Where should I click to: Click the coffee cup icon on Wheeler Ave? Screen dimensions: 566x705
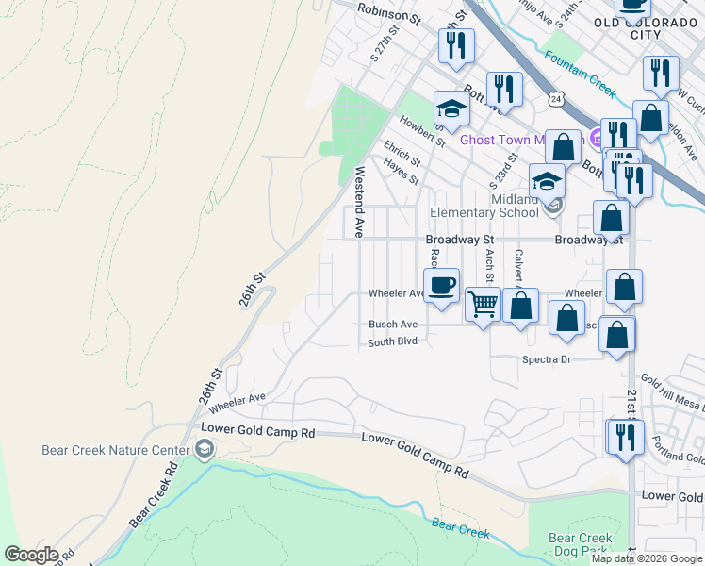pyautogui.click(x=441, y=285)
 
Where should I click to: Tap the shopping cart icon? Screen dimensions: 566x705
pyautogui.click(x=483, y=305)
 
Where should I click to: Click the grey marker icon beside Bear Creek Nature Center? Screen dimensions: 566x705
pyautogui.click(x=205, y=450)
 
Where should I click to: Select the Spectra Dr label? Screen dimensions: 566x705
pyautogui.click(x=547, y=359)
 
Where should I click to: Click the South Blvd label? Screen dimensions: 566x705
pyautogui.click(x=392, y=341)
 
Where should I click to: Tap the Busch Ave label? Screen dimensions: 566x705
pyautogui.click(x=393, y=325)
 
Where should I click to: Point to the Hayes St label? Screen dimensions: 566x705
pyautogui.click(x=401, y=171)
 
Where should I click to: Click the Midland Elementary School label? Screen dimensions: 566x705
pyautogui.click(x=484, y=206)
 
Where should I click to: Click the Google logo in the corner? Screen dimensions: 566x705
pyautogui.click(x=31, y=555)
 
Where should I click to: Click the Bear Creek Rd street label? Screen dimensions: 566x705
pyautogui.click(x=154, y=493)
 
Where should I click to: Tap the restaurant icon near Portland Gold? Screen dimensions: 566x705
pyautogui.click(x=625, y=438)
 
